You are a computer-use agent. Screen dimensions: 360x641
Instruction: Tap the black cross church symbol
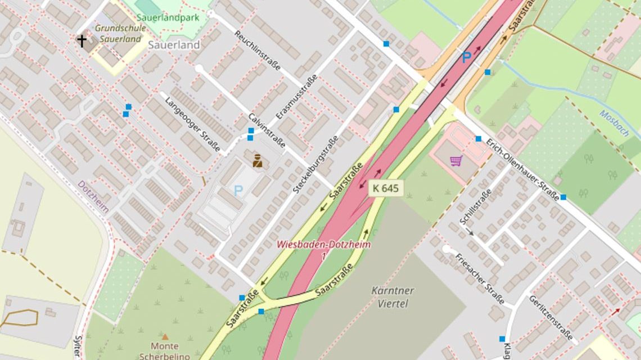tap(82, 40)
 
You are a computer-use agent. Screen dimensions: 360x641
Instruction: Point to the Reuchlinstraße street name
tap(258, 51)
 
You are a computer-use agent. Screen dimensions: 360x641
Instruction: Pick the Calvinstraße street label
tap(267, 132)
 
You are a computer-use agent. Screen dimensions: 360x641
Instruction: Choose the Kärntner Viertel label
tap(392, 297)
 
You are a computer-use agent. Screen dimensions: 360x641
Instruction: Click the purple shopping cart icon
tap(455, 161)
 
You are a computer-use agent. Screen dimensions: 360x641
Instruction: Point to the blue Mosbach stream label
tap(614, 123)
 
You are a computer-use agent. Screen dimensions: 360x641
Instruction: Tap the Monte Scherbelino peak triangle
tap(165, 336)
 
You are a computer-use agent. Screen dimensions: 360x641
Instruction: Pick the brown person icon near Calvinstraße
tap(258, 161)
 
